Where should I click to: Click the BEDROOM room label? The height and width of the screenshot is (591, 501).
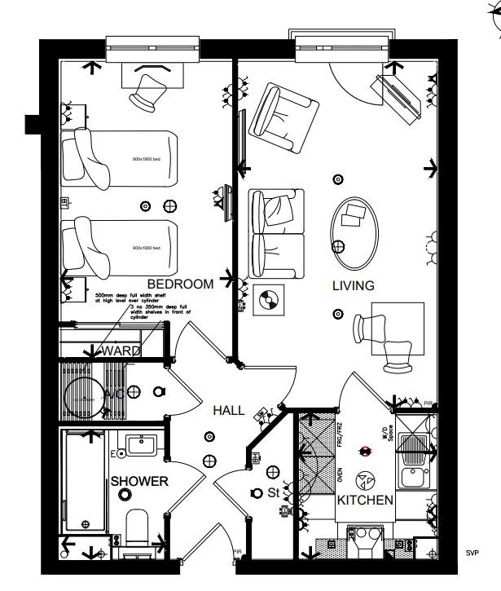[x=181, y=284]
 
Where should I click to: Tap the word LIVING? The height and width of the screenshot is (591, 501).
[x=353, y=286]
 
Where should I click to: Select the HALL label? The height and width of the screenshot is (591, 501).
[x=228, y=411]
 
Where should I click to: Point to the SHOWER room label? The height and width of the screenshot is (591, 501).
[x=139, y=482]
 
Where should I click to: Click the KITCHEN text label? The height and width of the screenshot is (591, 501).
[x=366, y=500]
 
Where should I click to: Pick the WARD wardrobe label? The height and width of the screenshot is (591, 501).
[x=121, y=351]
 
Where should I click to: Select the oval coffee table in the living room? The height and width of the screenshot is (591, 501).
[x=354, y=227]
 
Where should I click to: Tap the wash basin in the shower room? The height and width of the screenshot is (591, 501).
[x=141, y=446]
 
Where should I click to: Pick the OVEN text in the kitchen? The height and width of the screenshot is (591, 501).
[x=340, y=474]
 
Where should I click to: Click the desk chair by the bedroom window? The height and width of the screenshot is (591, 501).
[x=148, y=91]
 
